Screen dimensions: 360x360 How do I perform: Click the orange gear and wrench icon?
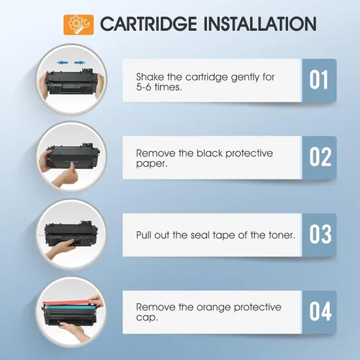[78, 24]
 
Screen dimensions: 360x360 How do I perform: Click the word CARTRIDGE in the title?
[148, 24]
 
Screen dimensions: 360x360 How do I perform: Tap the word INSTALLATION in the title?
[260, 24]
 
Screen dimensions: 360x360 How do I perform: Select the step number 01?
[318, 80]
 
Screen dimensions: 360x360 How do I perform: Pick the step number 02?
[320, 157]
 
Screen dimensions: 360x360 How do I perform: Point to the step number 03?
[320, 234]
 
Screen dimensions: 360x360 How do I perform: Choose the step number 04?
[320, 311]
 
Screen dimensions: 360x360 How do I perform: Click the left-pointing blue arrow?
[63, 63]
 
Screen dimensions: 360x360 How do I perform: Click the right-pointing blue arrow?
[80, 63]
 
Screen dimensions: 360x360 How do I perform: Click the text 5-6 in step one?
[143, 87]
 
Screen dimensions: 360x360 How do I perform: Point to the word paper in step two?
[150, 164]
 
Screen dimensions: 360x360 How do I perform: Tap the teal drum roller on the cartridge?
[68, 307]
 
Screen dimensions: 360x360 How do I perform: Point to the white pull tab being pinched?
[71, 164]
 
